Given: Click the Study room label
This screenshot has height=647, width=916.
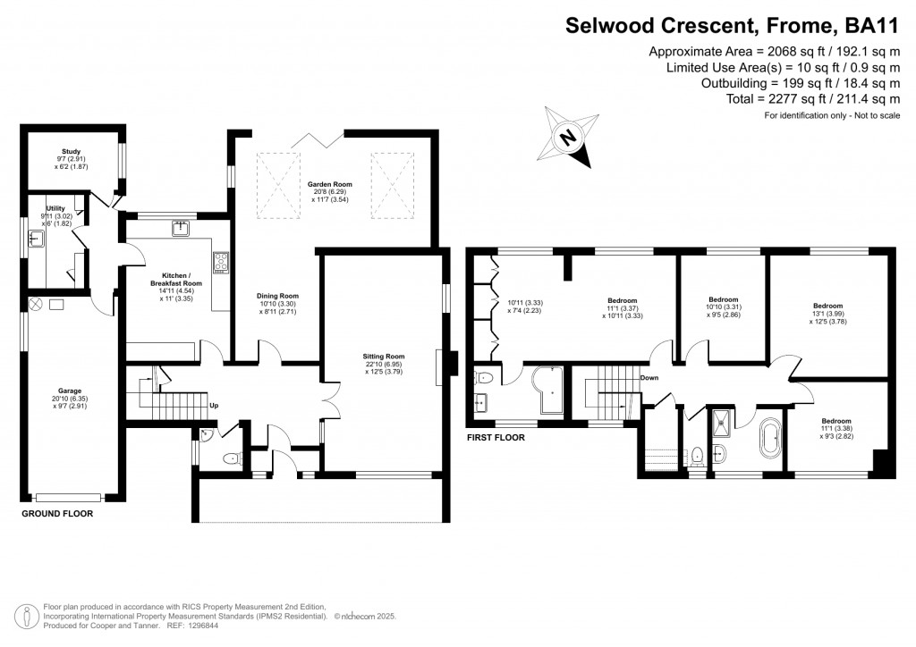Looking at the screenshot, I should pyautogui.click(x=71, y=152).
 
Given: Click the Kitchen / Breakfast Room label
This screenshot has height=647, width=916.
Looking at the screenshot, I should pyautogui.click(x=169, y=278).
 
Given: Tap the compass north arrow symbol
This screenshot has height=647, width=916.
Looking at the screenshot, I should pyautogui.click(x=567, y=138).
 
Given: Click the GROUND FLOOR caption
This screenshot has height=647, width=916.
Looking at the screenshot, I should pyautogui.click(x=57, y=514).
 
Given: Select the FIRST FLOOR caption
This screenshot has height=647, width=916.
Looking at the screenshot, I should pyautogui.click(x=496, y=438).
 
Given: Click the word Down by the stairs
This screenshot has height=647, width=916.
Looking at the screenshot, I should pyautogui.click(x=650, y=378).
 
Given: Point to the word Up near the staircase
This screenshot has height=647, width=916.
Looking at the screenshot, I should pyautogui.click(x=213, y=405).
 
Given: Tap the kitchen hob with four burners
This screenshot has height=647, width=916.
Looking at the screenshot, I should pyautogui.click(x=220, y=262).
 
